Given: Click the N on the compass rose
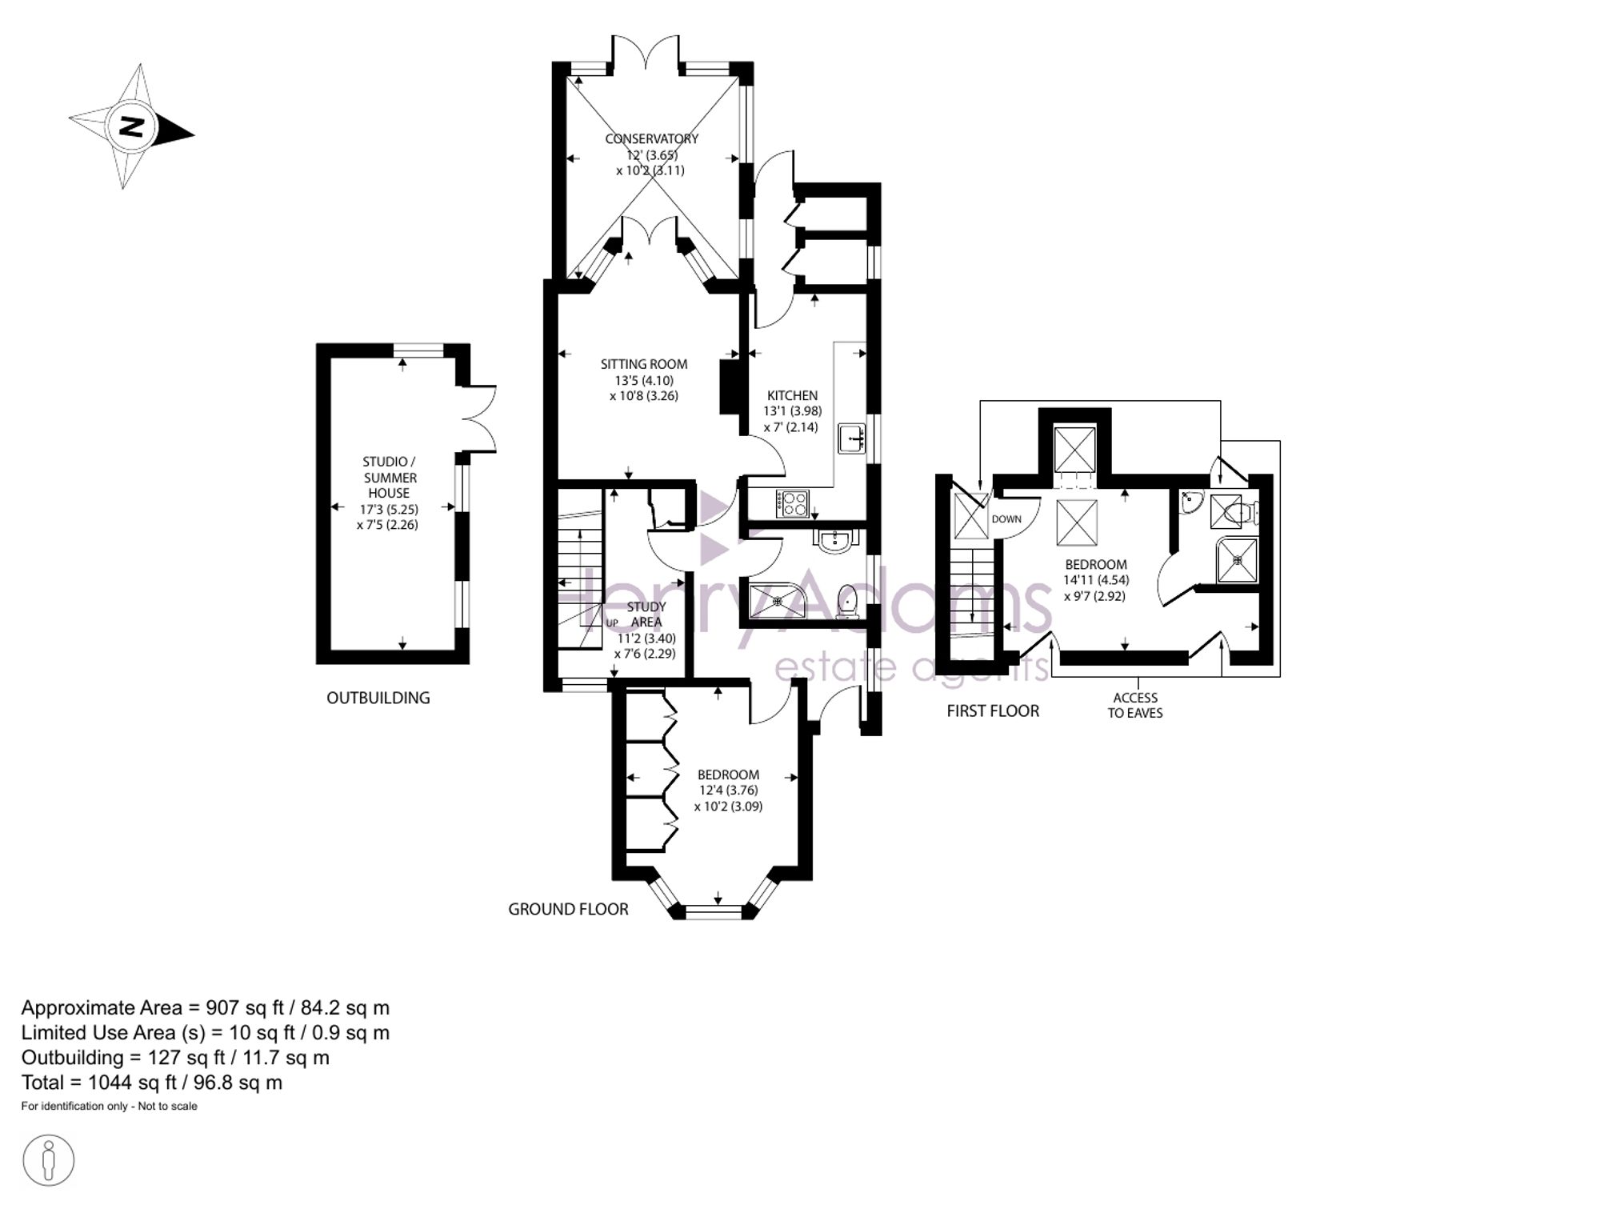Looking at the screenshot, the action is pos(131,126).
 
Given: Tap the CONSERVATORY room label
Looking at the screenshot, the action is pos(651,138).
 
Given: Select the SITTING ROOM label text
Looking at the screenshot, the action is pos(644,364).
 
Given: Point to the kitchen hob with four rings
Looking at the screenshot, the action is pos(792,503).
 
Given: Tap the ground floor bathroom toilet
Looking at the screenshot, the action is pos(847,602).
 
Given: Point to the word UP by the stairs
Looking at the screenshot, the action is pos(612,623).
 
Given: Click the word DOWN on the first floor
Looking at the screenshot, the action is pos(1006,519).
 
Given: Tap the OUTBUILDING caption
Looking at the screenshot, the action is pos(378,698).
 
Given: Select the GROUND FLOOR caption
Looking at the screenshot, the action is pos(568,909).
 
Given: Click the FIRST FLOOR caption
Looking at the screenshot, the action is pos(993,711).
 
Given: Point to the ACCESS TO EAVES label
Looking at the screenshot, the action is pos(1135,705).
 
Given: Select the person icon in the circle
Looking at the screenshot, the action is pos(49,1160).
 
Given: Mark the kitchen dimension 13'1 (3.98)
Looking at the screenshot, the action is pos(792,411).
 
